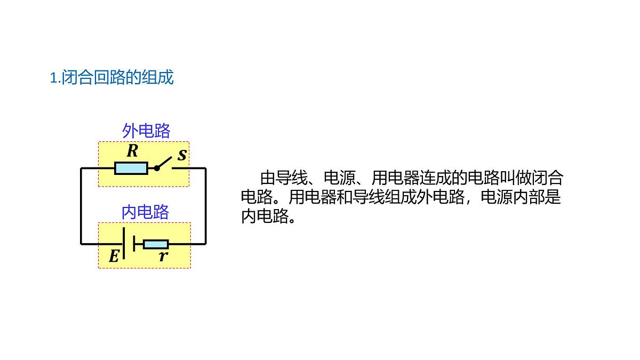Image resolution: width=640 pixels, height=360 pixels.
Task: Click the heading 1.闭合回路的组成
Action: (x=111, y=77)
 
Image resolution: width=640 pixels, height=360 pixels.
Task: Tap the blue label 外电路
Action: (x=146, y=131)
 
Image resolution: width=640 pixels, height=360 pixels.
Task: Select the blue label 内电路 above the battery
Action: (x=145, y=212)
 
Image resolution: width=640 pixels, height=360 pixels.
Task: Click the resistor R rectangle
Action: (x=131, y=169)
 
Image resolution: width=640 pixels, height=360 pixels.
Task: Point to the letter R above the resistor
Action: (x=133, y=150)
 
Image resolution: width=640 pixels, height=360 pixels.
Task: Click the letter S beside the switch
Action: (x=182, y=155)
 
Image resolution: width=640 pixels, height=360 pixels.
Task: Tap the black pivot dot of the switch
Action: (x=157, y=169)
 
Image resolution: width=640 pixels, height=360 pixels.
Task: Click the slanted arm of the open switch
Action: (x=164, y=163)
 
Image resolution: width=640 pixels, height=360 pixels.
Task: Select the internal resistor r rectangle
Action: (x=156, y=244)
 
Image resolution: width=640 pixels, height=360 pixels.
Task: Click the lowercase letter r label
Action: (x=163, y=257)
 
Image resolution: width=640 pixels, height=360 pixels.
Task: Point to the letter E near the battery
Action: (x=114, y=256)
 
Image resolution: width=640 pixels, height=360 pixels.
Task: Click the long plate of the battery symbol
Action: (x=124, y=243)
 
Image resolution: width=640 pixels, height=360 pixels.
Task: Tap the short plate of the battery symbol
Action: (x=134, y=243)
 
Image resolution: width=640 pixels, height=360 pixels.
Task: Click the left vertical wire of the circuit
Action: (x=81, y=206)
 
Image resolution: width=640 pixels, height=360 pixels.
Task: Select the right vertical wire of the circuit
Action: (x=206, y=206)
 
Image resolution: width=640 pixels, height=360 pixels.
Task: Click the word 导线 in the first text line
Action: (x=292, y=178)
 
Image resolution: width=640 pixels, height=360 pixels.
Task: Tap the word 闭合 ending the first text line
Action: (x=547, y=178)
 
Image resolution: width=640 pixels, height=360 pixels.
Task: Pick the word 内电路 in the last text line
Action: (x=265, y=217)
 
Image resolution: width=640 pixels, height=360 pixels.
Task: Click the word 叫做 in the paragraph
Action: (x=516, y=178)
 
